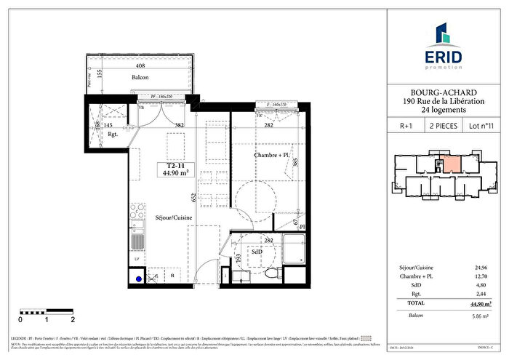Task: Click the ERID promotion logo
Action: pos(442,47)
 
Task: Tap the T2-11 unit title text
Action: pos(175,167)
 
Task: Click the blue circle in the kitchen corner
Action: pos(139,276)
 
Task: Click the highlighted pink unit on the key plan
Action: pos(449,163)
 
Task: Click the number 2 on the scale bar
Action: pos(73,319)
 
